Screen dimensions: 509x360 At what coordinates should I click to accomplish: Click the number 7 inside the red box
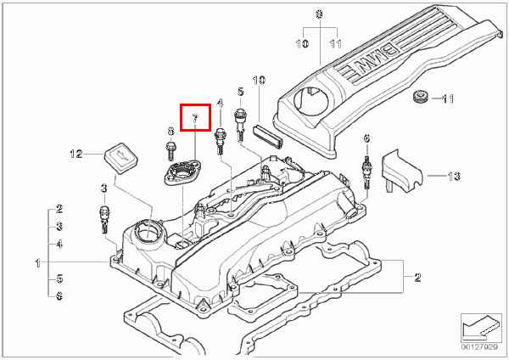(195, 119)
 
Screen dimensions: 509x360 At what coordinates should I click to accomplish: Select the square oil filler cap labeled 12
(120, 158)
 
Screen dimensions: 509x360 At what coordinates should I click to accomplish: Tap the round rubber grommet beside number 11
(422, 97)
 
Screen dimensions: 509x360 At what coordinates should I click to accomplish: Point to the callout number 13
(454, 176)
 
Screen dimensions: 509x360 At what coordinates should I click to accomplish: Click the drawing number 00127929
(479, 347)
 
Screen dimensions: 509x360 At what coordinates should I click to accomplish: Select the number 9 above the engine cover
(319, 14)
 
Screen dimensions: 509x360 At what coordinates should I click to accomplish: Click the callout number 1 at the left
(38, 263)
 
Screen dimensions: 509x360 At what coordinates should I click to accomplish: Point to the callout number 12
(76, 154)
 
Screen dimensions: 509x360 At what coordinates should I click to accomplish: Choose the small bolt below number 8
(171, 151)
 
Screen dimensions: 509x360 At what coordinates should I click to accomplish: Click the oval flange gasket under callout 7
(182, 172)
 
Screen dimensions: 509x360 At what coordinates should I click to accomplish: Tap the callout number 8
(171, 131)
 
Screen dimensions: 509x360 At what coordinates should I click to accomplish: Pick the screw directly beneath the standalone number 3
(103, 219)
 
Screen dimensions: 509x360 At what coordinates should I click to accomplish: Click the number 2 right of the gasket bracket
(417, 277)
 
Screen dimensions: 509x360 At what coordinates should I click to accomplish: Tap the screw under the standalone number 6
(366, 172)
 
